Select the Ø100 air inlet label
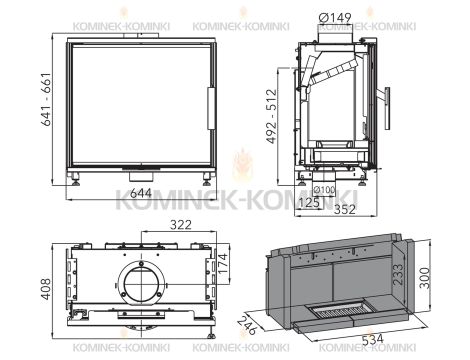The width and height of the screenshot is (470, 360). tap(324, 190)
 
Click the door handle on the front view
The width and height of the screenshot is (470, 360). tap(211, 104)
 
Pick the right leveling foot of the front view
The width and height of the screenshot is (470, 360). tap(206, 180)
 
